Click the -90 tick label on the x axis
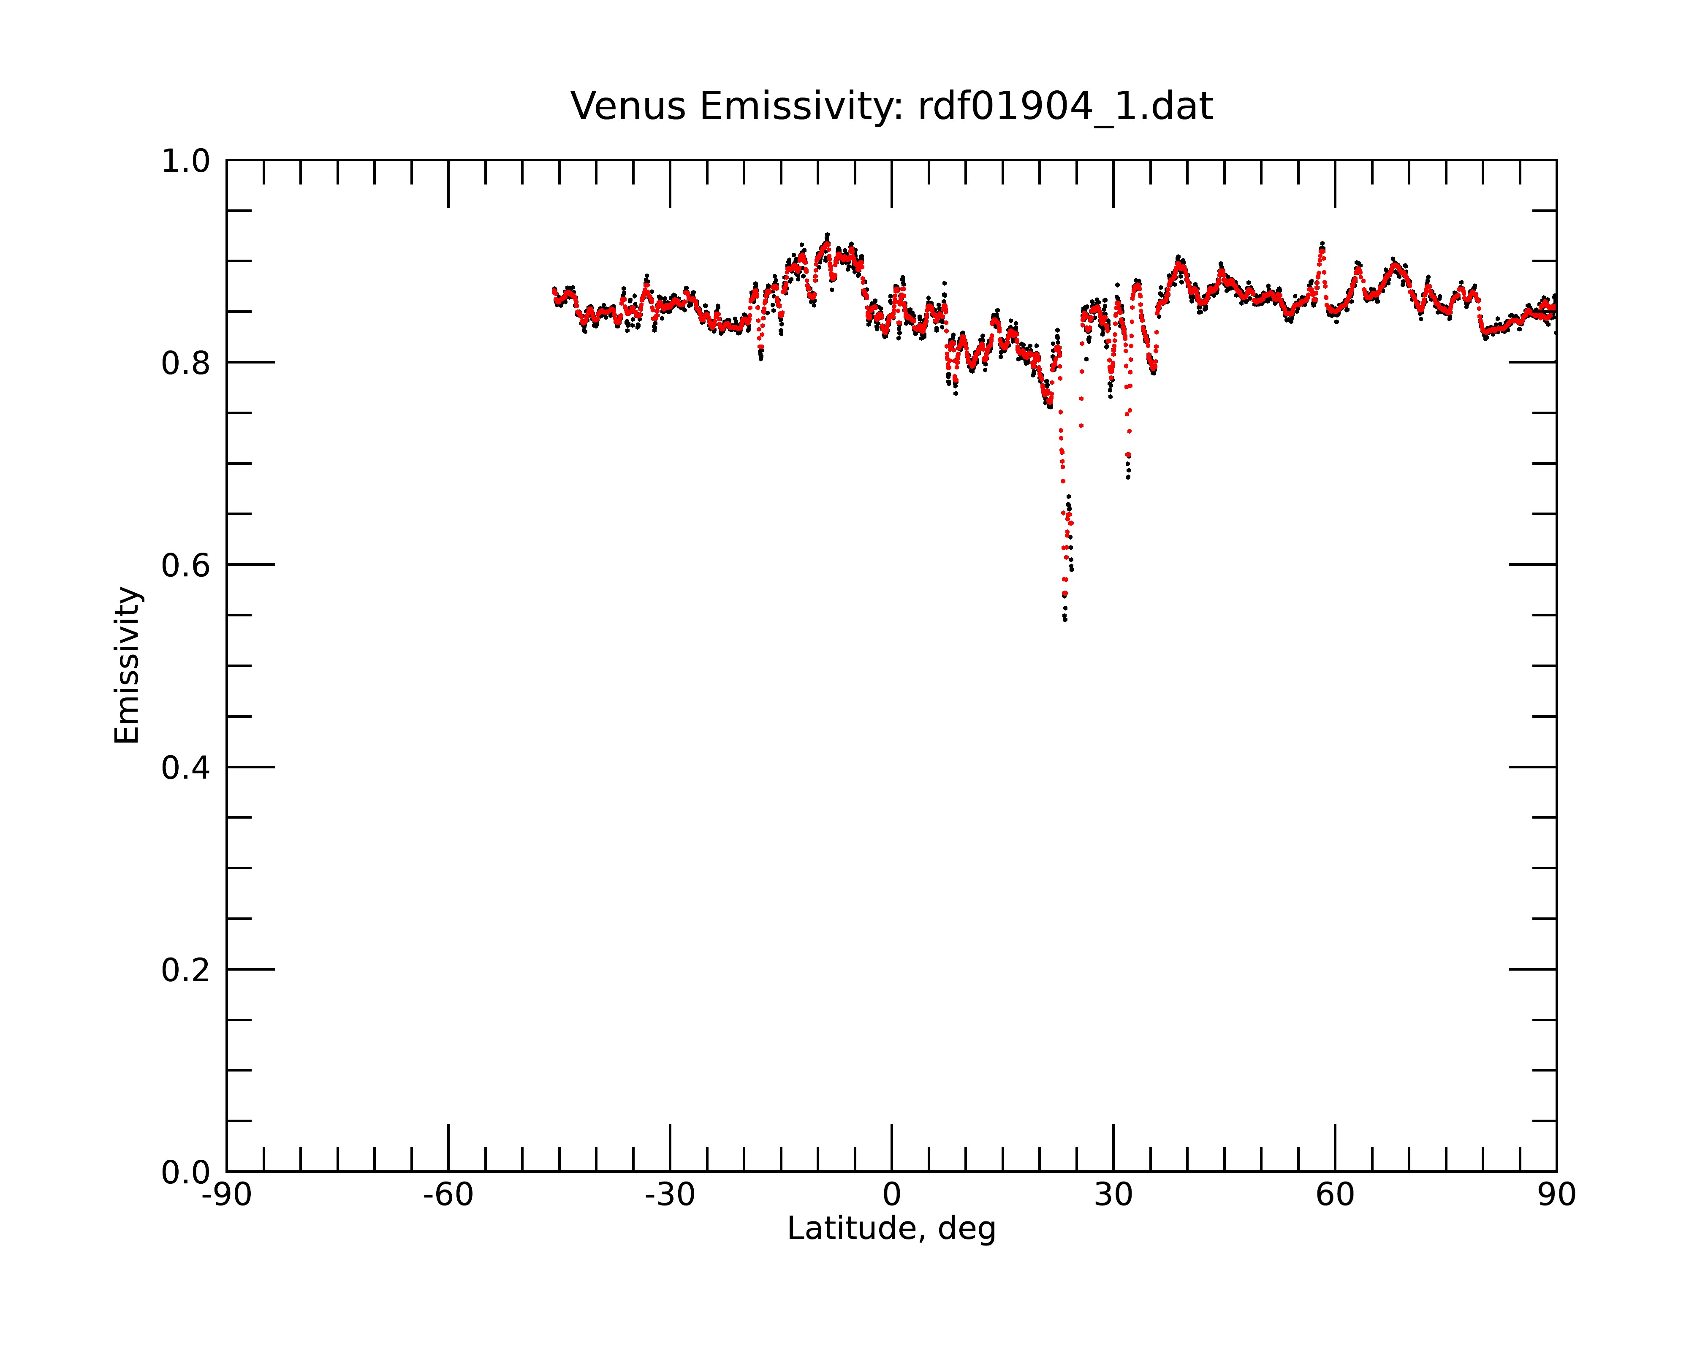(226, 1195)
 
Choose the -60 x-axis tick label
(448, 1195)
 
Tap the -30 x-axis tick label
(670, 1195)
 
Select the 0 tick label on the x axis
(891, 1195)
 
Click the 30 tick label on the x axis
(1113, 1195)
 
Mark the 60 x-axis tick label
(1335, 1195)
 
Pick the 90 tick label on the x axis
(1556, 1195)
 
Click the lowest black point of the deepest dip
(1064, 619)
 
